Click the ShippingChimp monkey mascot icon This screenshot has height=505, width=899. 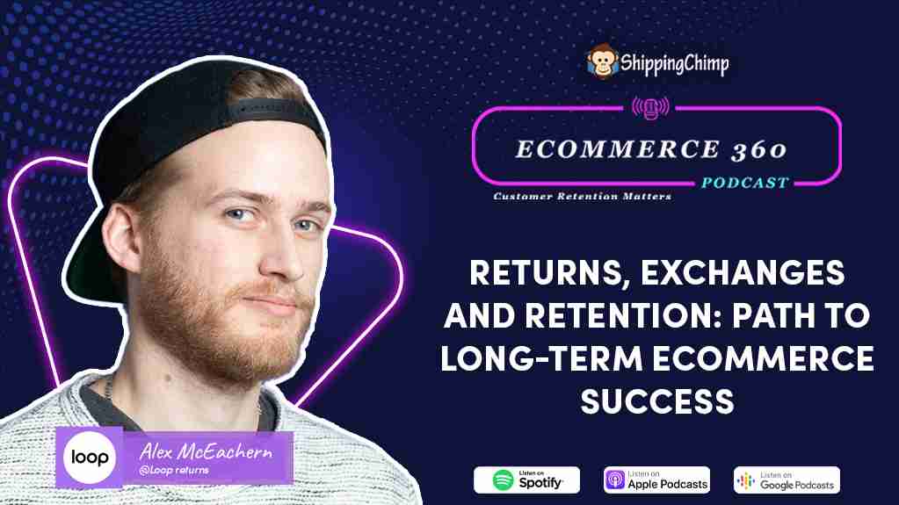pyautogui.click(x=602, y=61)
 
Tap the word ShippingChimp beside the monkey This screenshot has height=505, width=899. pyautogui.click(x=674, y=63)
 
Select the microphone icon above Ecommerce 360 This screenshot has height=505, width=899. pyautogui.click(x=650, y=107)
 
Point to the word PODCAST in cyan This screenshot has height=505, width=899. pyautogui.click(x=745, y=183)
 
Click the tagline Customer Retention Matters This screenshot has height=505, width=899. pyautogui.click(x=582, y=196)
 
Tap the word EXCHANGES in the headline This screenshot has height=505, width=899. pyautogui.click(x=743, y=272)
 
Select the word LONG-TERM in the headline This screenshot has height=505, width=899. pyautogui.click(x=541, y=358)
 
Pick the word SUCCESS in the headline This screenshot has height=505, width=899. pyautogui.click(x=657, y=401)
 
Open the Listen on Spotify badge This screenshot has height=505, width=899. pyautogui.click(x=526, y=480)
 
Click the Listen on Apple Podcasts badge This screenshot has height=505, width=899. pyautogui.click(x=656, y=480)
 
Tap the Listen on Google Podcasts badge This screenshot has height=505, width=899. pyautogui.click(x=787, y=480)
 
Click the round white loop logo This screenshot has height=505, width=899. pyautogui.click(x=90, y=458)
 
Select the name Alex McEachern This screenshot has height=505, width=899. pyautogui.click(x=206, y=451)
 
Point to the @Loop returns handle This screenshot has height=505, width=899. pyautogui.click(x=174, y=471)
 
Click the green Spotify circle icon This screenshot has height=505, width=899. pyautogui.click(x=503, y=480)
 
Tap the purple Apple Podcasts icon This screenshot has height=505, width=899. pyautogui.click(x=615, y=480)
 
